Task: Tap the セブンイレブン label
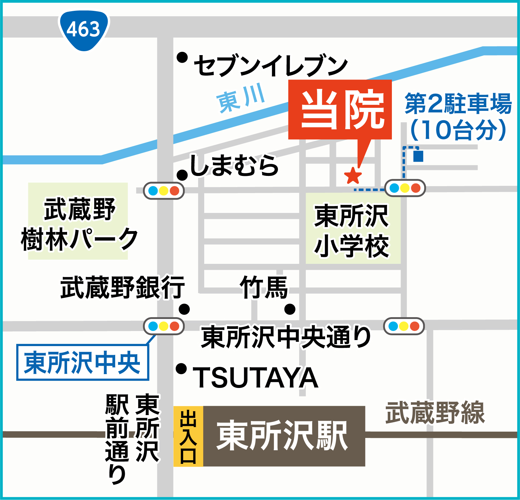[x=271, y=66]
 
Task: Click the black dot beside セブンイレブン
[x=182, y=57]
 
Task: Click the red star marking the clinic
[x=353, y=176]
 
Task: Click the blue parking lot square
[x=418, y=156]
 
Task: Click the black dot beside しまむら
[x=182, y=175]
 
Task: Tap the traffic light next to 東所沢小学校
[x=405, y=188]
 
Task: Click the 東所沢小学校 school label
[x=352, y=230]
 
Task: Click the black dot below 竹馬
[x=290, y=309]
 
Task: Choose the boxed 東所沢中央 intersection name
[x=83, y=362]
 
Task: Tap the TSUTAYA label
[x=256, y=377]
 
